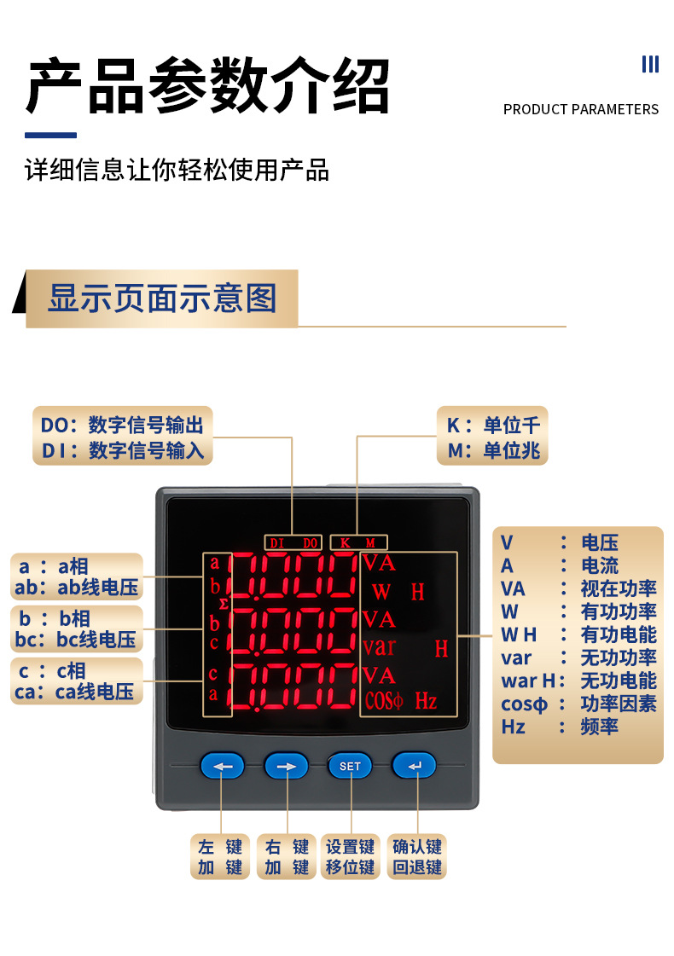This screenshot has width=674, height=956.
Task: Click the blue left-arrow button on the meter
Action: [223, 766]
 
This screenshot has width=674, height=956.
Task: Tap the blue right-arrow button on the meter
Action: [287, 766]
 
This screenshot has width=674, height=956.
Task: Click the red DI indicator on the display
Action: [276, 542]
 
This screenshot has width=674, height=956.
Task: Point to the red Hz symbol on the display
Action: [426, 702]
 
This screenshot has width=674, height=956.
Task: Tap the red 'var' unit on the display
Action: [379, 646]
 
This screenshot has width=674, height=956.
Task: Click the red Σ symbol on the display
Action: [224, 604]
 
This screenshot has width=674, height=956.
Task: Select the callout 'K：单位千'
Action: [494, 426]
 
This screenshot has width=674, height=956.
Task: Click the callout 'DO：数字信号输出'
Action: [123, 425]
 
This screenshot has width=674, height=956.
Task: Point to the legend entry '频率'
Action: [600, 727]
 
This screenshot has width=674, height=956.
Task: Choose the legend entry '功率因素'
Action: [619, 704]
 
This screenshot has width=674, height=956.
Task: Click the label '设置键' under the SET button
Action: [350, 847]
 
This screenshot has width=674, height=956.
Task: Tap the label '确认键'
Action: [417, 847]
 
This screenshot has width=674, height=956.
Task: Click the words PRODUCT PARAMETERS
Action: [581, 109]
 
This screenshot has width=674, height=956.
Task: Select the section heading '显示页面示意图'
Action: [162, 298]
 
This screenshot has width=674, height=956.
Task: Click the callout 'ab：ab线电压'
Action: [76, 588]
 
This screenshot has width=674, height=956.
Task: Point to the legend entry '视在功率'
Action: [619, 588]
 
